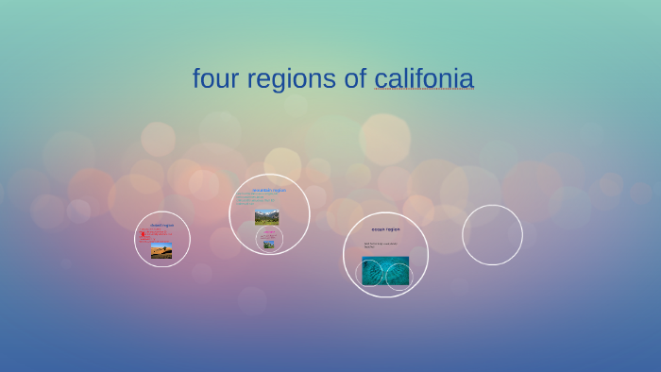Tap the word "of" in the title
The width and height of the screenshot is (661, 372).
point(355,78)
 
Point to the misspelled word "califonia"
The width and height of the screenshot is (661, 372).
point(424,78)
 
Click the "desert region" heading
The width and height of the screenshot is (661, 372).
point(161,225)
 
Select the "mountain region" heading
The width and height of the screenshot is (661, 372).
point(269,190)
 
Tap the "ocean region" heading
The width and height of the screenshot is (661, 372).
point(385,229)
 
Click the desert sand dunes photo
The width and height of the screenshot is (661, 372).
point(161,251)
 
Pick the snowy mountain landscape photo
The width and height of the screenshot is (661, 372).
point(267,216)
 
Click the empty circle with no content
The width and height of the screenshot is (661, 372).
point(492,235)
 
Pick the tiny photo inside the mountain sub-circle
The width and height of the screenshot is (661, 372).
point(269,244)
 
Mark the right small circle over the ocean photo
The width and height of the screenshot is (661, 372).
point(398,276)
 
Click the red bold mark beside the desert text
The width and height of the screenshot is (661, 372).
point(143,234)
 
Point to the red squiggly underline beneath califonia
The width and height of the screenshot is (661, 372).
point(424,91)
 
